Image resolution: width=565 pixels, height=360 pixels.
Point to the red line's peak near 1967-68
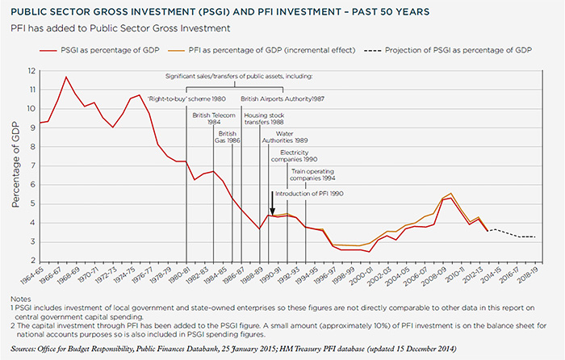pos(66,77)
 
